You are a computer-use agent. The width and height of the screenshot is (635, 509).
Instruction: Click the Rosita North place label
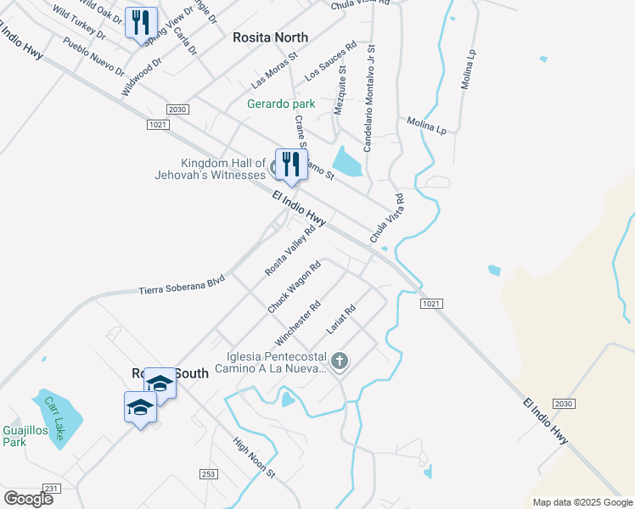[x=270, y=37]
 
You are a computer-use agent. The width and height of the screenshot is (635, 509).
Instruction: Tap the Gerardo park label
[x=281, y=103]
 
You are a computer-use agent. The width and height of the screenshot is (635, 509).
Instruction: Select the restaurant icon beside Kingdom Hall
[x=290, y=164]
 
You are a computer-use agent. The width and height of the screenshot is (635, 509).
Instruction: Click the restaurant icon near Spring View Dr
[x=141, y=22]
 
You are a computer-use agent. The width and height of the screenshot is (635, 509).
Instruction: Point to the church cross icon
[x=339, y=362]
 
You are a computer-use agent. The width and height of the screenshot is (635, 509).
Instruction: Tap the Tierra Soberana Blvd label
[x=182, y=285]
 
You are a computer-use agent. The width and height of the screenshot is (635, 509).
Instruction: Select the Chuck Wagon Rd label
[x=294, y=288]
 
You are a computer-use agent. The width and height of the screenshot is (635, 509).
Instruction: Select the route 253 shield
[x=207, y=473]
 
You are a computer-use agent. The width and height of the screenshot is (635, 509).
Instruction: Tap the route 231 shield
[x=51, y=488]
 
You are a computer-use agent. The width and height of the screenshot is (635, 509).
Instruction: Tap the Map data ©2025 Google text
[x=582, y=502]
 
